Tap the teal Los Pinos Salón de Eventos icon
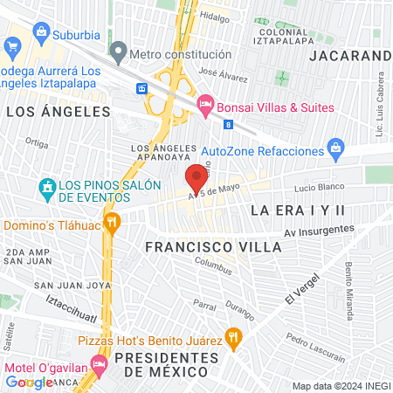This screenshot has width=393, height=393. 47,187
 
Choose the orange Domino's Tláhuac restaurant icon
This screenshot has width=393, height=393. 112,224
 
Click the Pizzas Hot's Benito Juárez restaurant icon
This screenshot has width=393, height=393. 232,334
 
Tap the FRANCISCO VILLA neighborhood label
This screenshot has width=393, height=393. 213,247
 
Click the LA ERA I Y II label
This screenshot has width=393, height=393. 298,210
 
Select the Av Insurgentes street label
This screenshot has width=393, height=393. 320,231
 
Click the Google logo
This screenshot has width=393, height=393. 29,382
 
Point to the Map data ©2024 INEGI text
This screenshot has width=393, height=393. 340,386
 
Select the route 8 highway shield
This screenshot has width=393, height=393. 228,125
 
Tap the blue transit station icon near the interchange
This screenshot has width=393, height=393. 141,89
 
